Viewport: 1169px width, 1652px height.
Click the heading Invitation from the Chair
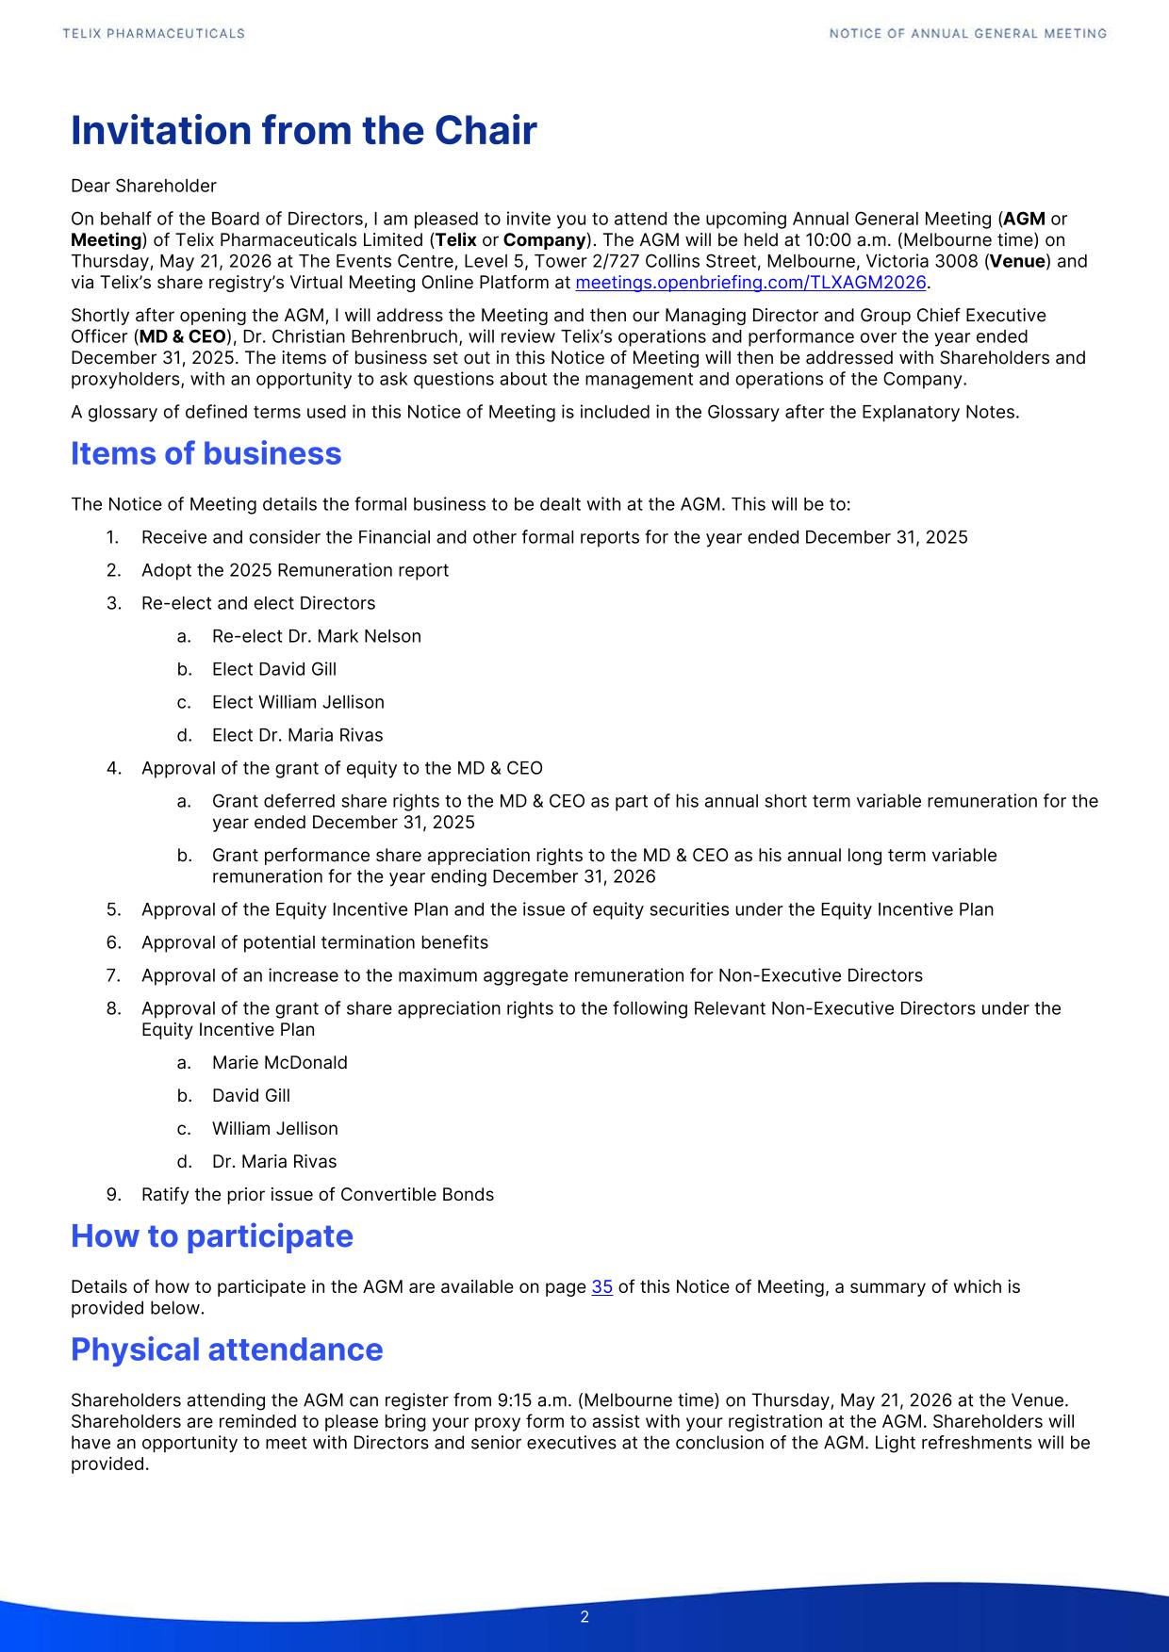(304, 131)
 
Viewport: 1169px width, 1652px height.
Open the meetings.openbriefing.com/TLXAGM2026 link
(750, 283)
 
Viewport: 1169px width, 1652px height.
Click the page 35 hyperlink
(601, 1287)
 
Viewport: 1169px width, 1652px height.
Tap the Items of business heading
(206, 454)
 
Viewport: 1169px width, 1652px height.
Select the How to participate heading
(211, 1236)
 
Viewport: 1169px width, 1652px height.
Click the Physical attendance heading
(226, 1349)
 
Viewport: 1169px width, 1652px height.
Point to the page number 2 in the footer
(584, 1617)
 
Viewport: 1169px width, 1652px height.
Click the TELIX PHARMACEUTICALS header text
(154, 34)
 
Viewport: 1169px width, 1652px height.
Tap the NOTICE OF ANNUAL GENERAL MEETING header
(967, 34)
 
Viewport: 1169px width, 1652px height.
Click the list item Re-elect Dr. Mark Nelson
(316, 636)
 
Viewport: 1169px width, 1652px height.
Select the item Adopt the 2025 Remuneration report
(294, 570)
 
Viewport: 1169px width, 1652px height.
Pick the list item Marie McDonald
(279, 1063)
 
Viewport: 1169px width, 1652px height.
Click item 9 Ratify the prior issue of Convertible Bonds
(317, 1195)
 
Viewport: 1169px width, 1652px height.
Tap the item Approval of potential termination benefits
(314, 942)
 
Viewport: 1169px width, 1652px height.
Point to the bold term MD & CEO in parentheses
(182, 336)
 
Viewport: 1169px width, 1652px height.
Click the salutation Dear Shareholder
(143, 186)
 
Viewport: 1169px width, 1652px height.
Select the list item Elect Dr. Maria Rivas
(297, 735)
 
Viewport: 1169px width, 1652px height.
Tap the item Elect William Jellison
(298, 702)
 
